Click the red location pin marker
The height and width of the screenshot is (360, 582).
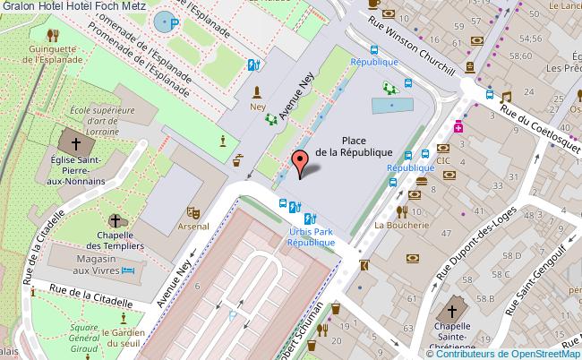[299, 162]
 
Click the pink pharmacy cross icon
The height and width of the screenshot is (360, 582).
[458, 127]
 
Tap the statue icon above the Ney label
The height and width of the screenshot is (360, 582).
[258, 91]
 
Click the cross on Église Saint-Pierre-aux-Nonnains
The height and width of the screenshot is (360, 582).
[77, 143]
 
